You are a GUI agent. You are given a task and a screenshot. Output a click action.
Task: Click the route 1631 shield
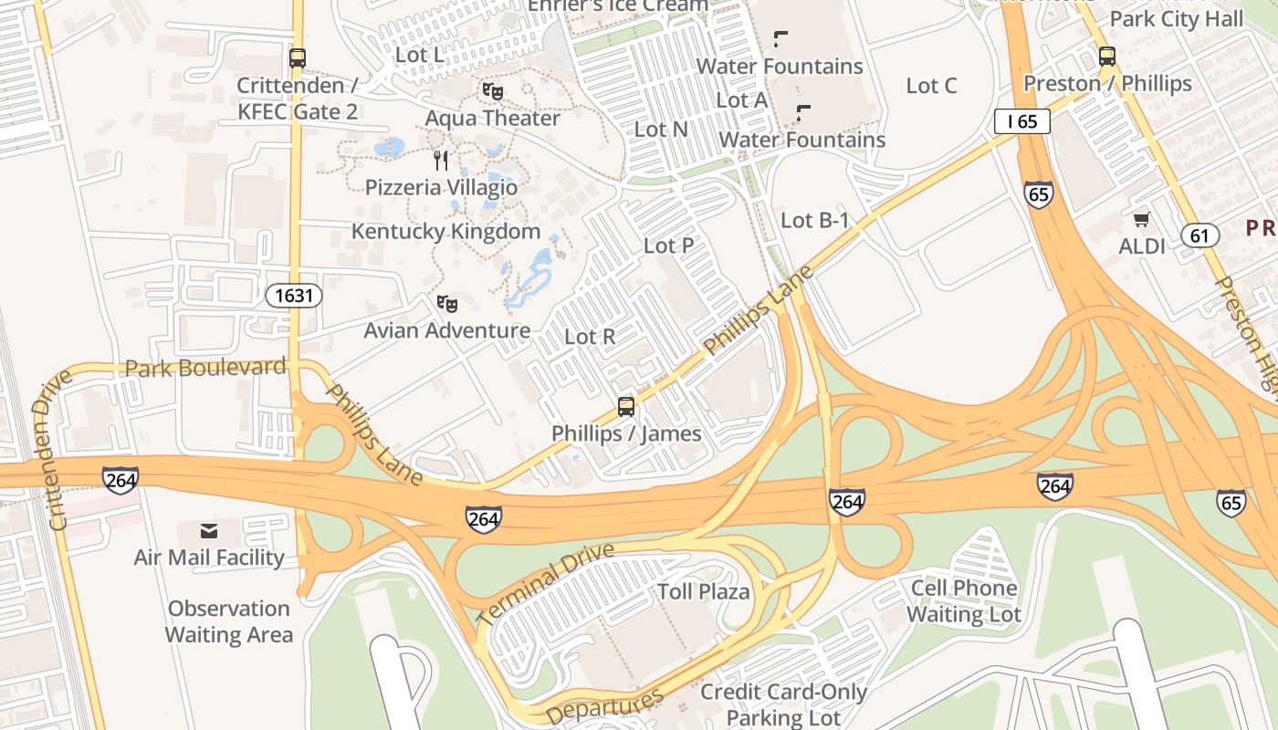pos(294,295)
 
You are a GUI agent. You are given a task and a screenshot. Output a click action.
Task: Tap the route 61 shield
pos(1200,235)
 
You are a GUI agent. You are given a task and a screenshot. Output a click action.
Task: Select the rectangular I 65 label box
pos(1022,120)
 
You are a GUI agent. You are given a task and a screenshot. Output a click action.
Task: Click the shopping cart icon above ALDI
pos(1142,219)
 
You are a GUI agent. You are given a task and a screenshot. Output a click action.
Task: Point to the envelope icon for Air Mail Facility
pos(209,531)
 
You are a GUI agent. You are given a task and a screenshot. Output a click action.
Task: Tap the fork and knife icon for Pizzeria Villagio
pos(441,161)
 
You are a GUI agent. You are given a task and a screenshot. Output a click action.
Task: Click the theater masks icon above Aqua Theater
pos(493,91)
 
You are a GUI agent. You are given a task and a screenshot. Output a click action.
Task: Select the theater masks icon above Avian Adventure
pos(446,304)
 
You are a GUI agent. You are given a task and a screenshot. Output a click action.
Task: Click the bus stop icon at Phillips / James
pos(626,407)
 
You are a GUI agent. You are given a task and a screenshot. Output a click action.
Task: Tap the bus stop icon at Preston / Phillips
pos(1107,57)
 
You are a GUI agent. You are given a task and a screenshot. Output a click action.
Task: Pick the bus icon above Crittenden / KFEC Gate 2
pos(297,58)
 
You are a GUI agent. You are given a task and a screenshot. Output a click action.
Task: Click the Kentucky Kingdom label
pos(446,232)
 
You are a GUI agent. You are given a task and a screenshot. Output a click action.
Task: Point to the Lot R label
pos(590,337)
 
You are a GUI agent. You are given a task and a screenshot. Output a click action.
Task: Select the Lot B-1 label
pos(815,220)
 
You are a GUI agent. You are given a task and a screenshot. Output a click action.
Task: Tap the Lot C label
pos(931,86)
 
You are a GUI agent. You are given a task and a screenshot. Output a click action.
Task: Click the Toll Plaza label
pos(704,591)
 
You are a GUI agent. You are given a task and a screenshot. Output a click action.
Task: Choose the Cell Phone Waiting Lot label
pos(964,601)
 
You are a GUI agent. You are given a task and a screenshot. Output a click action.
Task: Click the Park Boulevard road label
pos(205,368)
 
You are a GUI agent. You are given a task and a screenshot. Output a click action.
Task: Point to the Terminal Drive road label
pos(545,585)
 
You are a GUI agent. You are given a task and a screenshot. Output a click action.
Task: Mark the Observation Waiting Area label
pos(229,621)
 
